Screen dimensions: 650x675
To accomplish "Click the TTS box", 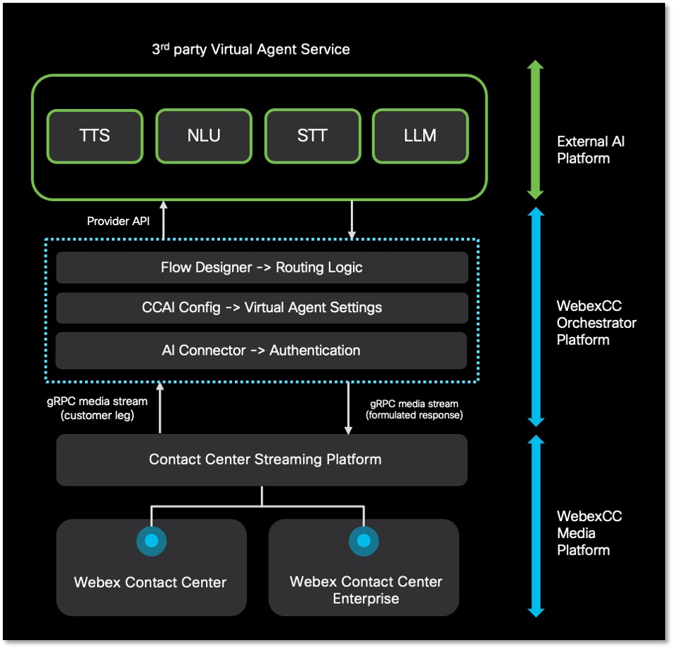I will [x=94, y=136].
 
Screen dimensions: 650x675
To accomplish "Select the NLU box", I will [x=203, y=136].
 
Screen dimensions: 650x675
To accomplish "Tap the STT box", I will [x=312, y=136].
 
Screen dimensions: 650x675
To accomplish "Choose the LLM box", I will [x=420, y=136].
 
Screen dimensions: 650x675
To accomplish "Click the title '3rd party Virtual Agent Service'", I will [x=250, y=50].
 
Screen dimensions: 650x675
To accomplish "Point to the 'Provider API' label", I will [x=118, y=222].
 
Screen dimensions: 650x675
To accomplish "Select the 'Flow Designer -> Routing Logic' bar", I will [x=262, y=268].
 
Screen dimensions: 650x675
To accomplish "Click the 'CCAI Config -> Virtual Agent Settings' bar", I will [x=262, y=308].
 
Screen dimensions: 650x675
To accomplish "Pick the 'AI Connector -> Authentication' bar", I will [x=262, y=350].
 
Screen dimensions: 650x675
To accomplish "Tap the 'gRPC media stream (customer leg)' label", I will [x=97, y=408].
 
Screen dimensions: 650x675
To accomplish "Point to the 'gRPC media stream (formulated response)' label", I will [x=414, y=409].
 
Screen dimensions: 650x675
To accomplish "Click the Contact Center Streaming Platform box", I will [x=262, y=460].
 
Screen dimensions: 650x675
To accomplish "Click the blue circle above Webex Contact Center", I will [x=151, y=541].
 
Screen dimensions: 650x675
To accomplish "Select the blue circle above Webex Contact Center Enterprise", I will [x=364, y=541].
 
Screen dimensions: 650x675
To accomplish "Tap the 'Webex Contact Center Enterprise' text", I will [x=365, y=590].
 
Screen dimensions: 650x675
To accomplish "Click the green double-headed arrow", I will [x=536, y=130].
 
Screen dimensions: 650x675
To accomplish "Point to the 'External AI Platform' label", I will [x=591, y=149].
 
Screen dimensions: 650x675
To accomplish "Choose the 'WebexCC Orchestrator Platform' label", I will [x=596, y=323].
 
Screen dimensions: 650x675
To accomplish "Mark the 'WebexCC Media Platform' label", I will [x=589, y=532].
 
